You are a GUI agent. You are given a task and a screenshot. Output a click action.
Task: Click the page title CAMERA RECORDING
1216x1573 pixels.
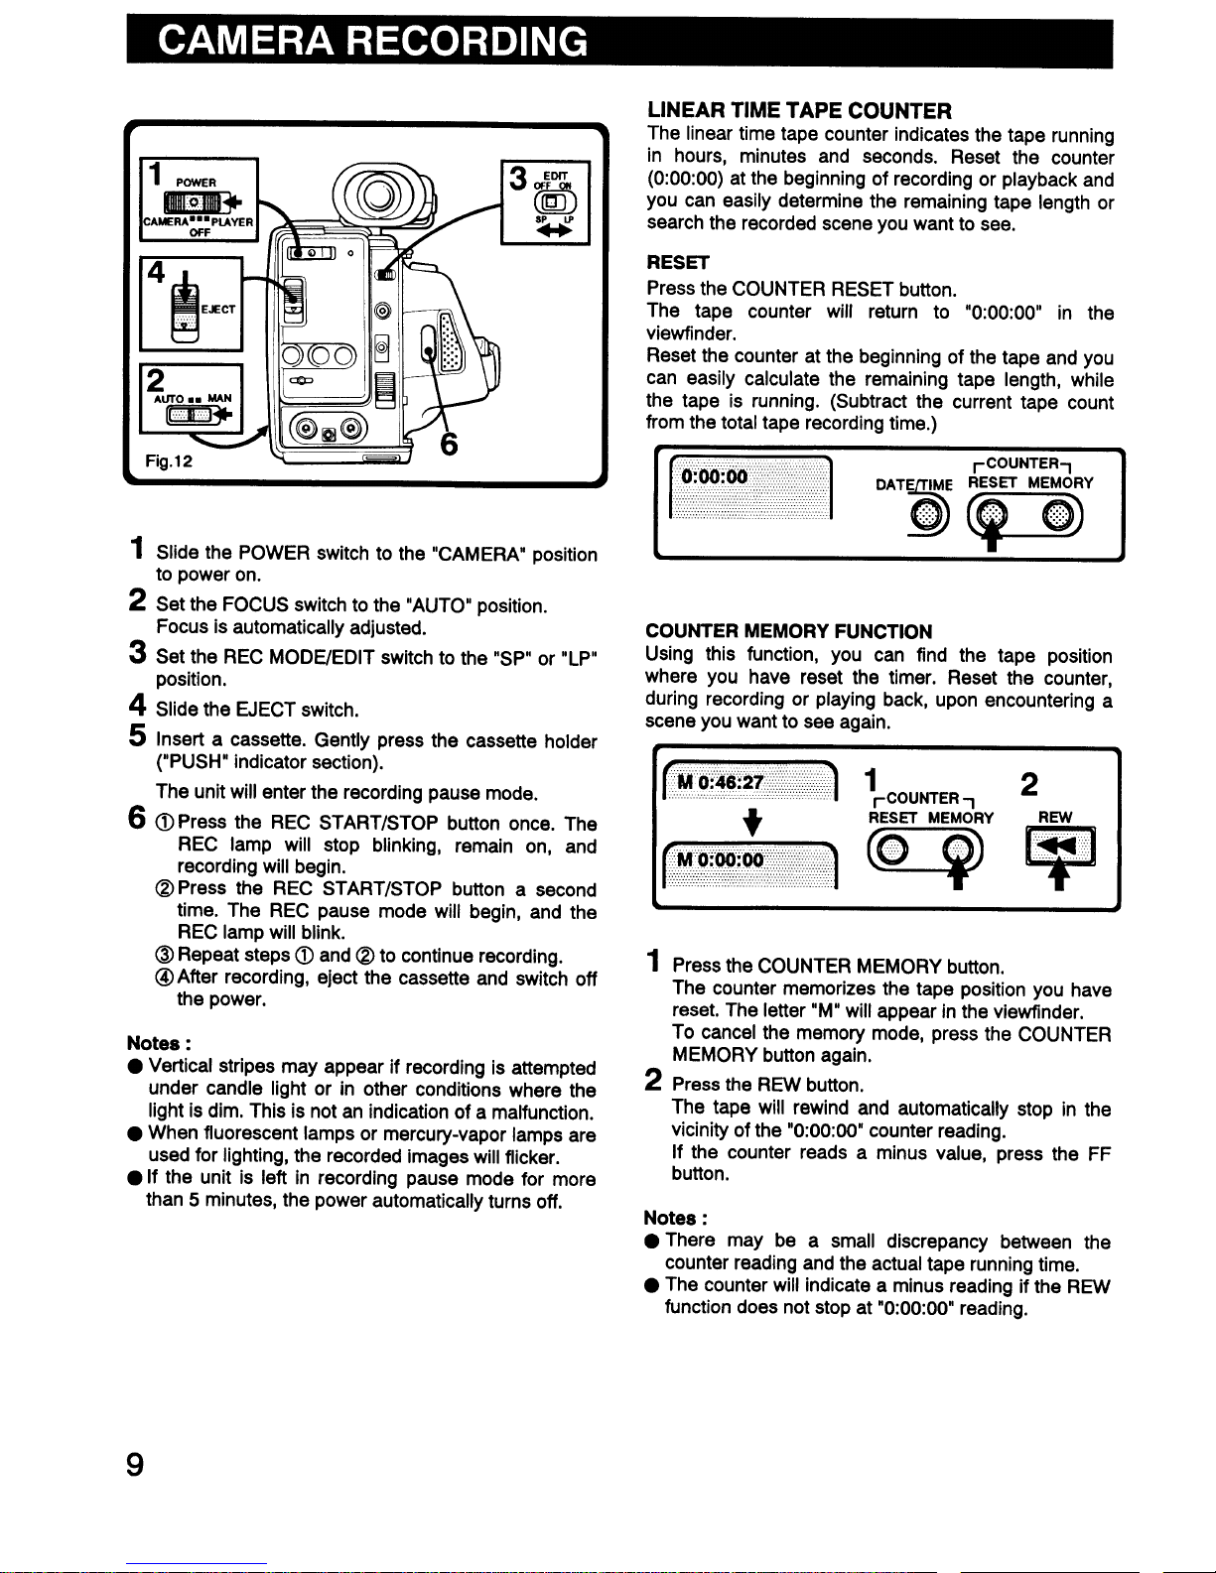click(x=371, y=42)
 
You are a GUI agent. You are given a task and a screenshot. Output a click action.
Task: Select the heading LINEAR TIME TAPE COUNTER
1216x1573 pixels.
click(x=798, y=110)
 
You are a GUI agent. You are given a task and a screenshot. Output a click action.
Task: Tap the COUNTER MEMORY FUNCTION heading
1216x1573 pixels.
click(x=788, y=631)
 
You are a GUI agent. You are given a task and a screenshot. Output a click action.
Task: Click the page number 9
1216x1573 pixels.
click(x=135, y=1465)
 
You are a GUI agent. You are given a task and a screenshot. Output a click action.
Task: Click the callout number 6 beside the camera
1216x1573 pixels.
click(x=448, y=445)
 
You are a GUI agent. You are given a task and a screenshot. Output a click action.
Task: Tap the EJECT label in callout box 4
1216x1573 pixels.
click(x=218, y=310)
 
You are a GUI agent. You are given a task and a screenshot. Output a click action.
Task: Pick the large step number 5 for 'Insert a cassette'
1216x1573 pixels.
click(x=137, y=736)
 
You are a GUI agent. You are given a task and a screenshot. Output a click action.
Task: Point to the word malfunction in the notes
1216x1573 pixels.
click(x=545, y=1112)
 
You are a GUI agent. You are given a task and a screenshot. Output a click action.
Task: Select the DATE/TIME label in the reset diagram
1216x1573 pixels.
click(x=913, y=484)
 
